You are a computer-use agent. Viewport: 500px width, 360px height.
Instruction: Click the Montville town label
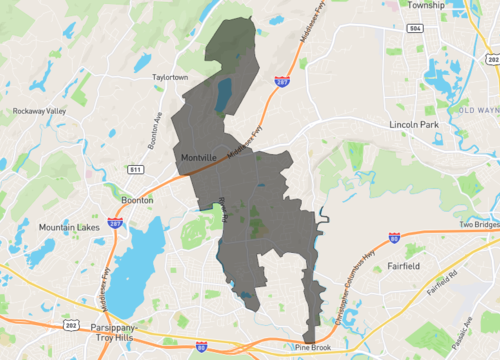201,158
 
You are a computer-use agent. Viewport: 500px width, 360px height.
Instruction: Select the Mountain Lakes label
66,227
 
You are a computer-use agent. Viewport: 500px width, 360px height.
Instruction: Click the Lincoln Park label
414,124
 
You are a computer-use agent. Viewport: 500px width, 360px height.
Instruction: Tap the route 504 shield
414,30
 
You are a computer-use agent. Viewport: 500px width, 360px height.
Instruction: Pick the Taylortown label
162,76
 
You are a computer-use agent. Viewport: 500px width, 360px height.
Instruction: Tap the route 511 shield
134,170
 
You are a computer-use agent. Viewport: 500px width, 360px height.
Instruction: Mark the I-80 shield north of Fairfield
394,239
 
